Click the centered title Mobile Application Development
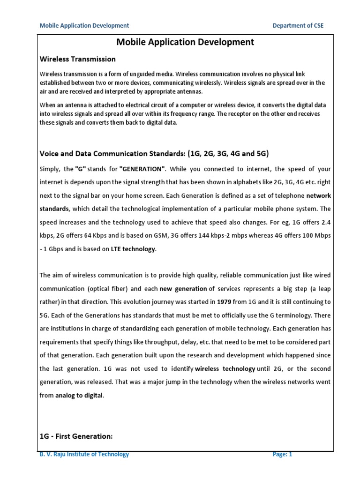[185, 42]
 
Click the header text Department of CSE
[298, 25]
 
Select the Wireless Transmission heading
[77, 59]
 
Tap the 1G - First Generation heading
[76, 436]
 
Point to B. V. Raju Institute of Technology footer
[84, 454]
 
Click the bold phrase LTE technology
[133, 249]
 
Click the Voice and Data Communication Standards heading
[114, 154]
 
